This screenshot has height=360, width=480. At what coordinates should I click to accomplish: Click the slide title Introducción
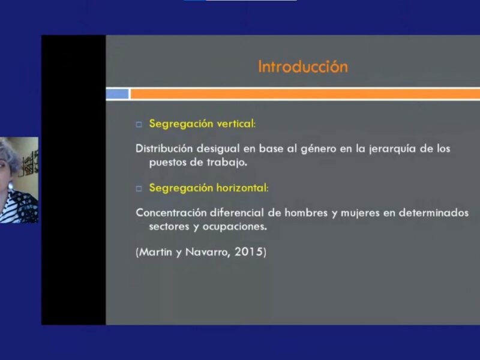click(x=303, y=67)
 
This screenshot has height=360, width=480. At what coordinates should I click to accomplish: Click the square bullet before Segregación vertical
click(x=139, y=124)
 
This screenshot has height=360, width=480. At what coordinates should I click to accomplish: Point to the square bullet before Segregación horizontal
click(x=139, y=188)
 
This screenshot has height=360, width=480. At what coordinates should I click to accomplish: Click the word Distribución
click(x=164, y=148)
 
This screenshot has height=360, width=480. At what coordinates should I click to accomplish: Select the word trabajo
click(x=227, y=162)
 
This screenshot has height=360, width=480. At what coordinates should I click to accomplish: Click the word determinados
click(x=433, y=212)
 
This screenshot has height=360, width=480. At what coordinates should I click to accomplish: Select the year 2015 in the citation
click(x=248, y=251)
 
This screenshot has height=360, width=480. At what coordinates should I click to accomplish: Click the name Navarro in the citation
click(x=206, y=252)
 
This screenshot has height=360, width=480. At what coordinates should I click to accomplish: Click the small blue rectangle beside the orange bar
click(x=117, y=94)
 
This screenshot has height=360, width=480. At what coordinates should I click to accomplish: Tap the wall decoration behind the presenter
click(x=29, y=164)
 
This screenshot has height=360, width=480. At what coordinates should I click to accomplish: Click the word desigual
click(x=218, y=149)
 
